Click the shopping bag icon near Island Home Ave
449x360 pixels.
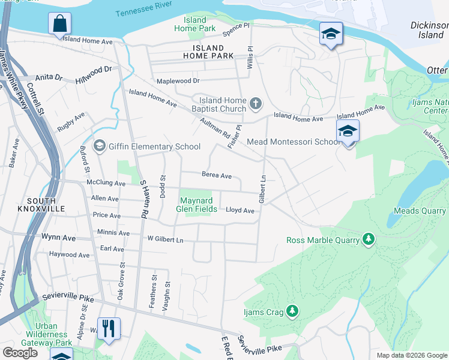pyautogui.click(x=59, y=25)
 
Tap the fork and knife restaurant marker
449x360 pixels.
pyautogui.click(x=109, y=328)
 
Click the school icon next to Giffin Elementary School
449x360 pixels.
pyautogui.click(x=99, y=146)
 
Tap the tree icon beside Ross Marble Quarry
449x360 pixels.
pyautogui.click(x=369, y=240)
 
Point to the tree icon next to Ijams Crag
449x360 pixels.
pyautogui.click(x=292, y=311)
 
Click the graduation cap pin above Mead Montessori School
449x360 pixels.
pyautogui.click(x=348, y=130)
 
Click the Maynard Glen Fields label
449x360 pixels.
pyautogui.click(x=197, y=205)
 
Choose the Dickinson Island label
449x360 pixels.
pyautogui.click(x=429, y=30)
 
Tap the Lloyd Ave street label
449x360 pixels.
pyautogui.click(x=240, y=211)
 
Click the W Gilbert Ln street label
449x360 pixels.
pyautogui.click(x=165, y=239)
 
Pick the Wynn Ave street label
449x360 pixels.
pyautogui.click(x=58, y=238)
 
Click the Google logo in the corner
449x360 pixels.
pyautogui.click(x=19, y=353)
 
